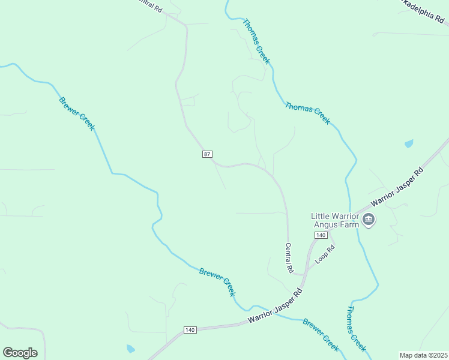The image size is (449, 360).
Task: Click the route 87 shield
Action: (207, 154)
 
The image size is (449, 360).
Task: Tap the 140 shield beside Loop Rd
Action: (321, 235)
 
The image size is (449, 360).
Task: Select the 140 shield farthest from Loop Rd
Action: (190, 330)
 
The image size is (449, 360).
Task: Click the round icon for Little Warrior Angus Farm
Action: (369, 220)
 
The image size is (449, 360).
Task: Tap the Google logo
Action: (20, 352)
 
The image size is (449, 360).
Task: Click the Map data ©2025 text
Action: (423, 355)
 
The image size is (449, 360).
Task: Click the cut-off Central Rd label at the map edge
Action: (149, 6)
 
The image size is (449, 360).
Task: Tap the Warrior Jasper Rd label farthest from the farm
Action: (275, 307)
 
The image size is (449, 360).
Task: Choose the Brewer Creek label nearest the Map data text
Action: (321, 335)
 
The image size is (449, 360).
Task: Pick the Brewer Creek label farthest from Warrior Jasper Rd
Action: (77, 112)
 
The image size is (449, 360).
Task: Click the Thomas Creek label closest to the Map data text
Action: (357, 329)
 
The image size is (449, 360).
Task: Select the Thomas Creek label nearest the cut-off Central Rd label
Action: (256, 42)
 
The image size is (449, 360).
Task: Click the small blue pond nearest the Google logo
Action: (130, 349)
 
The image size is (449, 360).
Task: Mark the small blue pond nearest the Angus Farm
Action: (409, 143)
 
